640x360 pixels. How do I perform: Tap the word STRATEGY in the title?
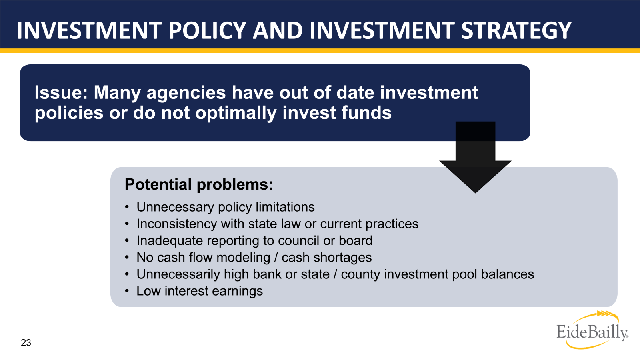[x=516, y=30]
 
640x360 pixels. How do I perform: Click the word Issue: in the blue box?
[x=61, y=93]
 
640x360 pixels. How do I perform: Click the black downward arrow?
[x=475, y=160]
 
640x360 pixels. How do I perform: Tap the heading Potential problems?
[x=199, y=184]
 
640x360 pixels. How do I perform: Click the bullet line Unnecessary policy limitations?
[x=225, y=207]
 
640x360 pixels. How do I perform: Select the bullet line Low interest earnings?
[x=199, y=291]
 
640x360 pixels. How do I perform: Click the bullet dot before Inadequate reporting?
[x=127, y=241]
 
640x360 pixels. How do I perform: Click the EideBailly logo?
[x=592, y=330]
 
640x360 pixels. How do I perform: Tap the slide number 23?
[x=26, y=343]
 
